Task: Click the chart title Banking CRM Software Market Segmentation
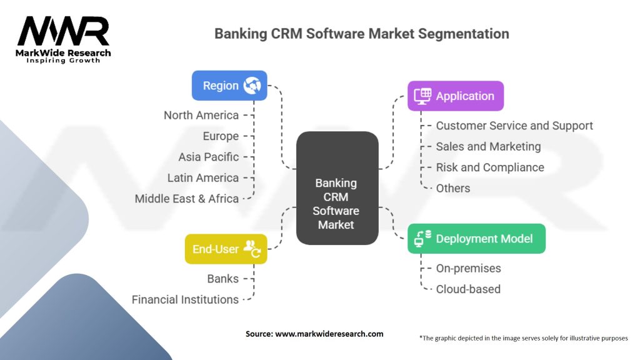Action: pyautogui.click(x=361, y=33)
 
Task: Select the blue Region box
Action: pyautogui.click(x=229, y=86)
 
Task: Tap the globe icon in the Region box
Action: pyautogui.click(x=252, y=86)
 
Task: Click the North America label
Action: pyautogui.click(x=201, y=115)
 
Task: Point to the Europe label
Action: pyautogui.click(x=221, y=136)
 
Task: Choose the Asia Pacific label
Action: pyautogui.click(x=208, y=157)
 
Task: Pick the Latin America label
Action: pyautogui.click(x=203, y=178)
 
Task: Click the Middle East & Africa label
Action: pyautogui.click(x=187, y=199)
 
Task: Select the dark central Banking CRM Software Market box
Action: pyautogui.click(x=337, y=187)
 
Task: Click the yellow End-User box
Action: pyautogui.click(x=226, y=249)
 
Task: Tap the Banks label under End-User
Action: pyautogui.click(x=222, y=279)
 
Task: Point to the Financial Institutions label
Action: pyautogui.click(x=185, y=300)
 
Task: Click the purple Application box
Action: pyautogui.click(x=455, y=96)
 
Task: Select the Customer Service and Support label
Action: pyautogui.click(x=514, y=126)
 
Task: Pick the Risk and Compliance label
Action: pyautogui.click(x=489, y=167)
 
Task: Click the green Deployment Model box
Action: pyautogui.click(x=476, y=239)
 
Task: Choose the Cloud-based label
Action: pyautogui.click(x=467, y=289)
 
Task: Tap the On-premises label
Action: pyautogui.click(x=468, y=268)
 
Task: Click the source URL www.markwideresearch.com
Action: pyautogui.click(x=329, y=334)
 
